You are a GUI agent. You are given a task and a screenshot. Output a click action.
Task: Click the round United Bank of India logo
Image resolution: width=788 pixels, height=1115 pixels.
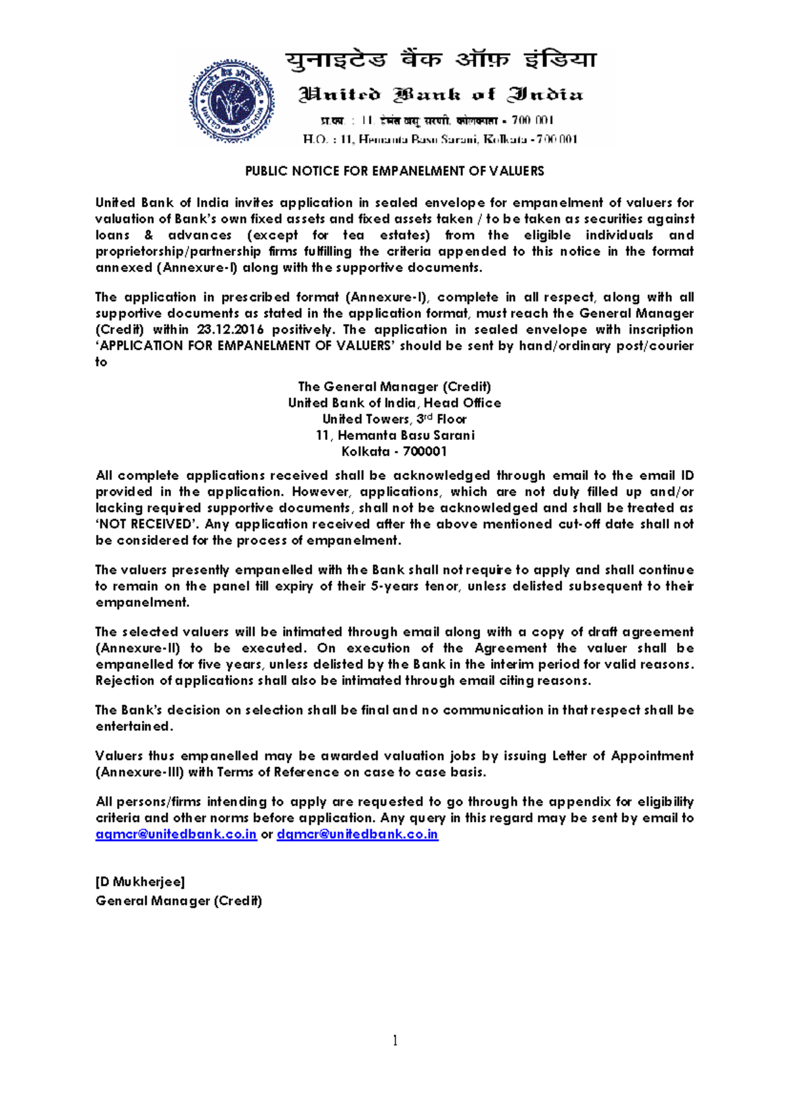(232, 101)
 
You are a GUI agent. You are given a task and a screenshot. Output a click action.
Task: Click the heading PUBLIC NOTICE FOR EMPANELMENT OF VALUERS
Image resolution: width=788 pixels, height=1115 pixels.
(394, 171)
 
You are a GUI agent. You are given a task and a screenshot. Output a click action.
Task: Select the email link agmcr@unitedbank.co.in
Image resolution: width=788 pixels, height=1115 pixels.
(176, 835)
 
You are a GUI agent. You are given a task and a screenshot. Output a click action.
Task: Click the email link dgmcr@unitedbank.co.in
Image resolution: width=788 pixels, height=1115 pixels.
(357, 835)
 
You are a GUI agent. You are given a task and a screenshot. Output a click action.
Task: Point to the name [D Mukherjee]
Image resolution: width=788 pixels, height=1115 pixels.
(140, 882)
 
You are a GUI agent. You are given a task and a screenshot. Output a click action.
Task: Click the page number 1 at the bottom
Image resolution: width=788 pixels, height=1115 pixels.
(395, 1040)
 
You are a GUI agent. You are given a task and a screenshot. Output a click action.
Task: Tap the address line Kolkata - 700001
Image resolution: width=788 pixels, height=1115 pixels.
(394, 452)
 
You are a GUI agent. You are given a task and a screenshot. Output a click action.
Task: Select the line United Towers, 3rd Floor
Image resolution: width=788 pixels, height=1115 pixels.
(394, 419)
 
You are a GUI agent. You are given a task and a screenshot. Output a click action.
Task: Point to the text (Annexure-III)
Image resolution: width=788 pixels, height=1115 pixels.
(139, 773)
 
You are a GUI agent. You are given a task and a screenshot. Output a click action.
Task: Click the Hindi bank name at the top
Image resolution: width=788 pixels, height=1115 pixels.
(441, 60)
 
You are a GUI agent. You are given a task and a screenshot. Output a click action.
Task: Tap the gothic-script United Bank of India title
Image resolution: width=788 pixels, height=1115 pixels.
(441, 95)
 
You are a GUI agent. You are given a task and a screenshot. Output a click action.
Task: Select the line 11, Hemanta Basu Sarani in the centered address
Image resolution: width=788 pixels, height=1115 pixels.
(395, 435)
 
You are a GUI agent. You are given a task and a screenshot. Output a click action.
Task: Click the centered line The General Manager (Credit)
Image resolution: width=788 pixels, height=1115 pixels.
(394, 387)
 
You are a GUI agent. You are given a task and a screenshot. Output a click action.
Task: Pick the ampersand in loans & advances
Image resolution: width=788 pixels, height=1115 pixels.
(149, 236)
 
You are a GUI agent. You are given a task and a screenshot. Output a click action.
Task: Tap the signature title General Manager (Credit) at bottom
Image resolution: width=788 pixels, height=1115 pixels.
(179, 901)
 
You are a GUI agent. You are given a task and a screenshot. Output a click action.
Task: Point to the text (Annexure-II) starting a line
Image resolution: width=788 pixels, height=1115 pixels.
(137, 649)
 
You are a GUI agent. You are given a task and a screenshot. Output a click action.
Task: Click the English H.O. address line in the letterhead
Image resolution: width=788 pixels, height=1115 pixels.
(440, 139)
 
